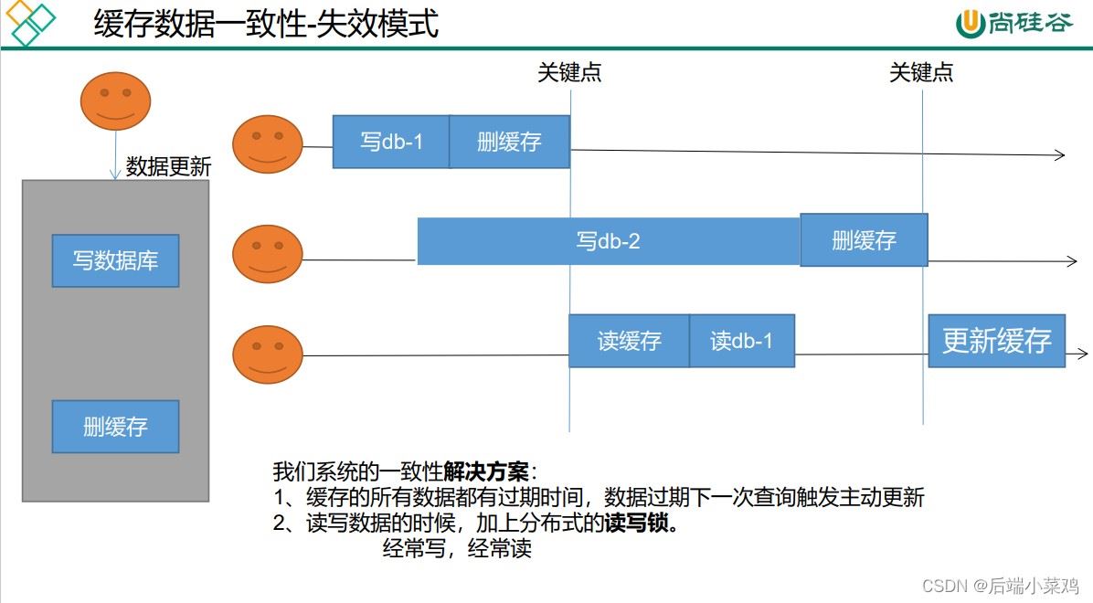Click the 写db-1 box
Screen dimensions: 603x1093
tap(391, 142)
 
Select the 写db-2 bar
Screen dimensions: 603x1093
tap(609, 241)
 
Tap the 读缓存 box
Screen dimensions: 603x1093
tap(629, 341)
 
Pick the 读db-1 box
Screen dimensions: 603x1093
tap(741, 341)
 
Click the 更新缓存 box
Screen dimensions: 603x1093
tap(996, 341)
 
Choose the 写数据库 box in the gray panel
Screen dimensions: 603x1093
tap(115, 260)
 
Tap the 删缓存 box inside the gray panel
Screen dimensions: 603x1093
tap(115, 426)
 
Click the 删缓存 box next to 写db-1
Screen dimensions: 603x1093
tap(509, 142)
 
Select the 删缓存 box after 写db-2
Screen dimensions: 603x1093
tap(864, 240)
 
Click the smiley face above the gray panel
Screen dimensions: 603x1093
tap(115, 101)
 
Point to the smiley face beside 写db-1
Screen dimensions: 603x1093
tap(267, 144)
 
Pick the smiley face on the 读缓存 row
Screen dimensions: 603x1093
tap(267, 354)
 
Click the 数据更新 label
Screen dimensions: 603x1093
tap(168, 166)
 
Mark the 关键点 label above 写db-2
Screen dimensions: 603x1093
tap(569, 73)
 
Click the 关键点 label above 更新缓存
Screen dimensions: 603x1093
tap(921, 73)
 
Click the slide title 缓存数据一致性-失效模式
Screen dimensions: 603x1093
tap(266, 24)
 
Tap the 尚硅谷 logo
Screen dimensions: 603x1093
tap(1014, 23)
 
